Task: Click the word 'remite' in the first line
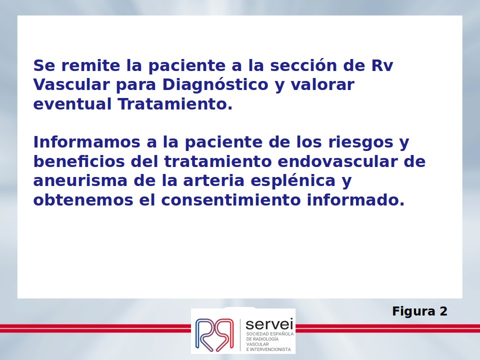pos(90,65)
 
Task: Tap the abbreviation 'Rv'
pos(382,65)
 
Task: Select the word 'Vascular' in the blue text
pos(71,84)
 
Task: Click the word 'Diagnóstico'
pos(215,85)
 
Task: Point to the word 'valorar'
pos(322,84)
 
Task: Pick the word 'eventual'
pos(72,104)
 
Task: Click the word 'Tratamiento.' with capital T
pos(175,104)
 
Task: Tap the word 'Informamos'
pos(86,142)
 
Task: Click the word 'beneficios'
pos(79,161)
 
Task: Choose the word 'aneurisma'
pos(80,180)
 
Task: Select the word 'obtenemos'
pos(83,200)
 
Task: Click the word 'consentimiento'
pos(231,200)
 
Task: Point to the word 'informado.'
pos(355,200)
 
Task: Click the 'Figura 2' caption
pos(419,311)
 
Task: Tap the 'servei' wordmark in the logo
pos(269,324)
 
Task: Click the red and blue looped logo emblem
pos(214,335)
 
